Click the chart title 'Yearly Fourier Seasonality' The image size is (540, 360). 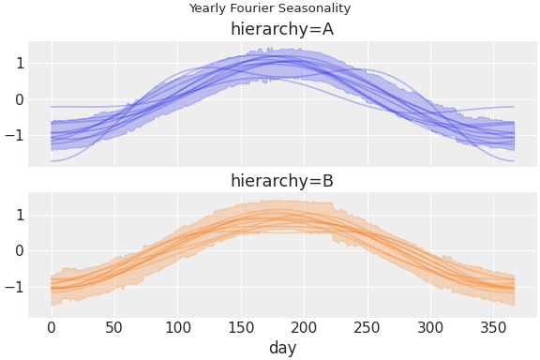point(270,8)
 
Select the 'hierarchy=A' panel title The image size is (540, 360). point(282,30)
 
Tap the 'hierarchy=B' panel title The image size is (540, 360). point(282,181)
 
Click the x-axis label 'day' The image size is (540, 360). point(282,348)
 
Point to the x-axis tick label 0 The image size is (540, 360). point(51,327)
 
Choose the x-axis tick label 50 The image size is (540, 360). point(114,327)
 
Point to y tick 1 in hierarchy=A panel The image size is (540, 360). point(19,64)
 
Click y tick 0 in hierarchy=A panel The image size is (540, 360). point(19,99)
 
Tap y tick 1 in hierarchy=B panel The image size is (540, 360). point(19,215)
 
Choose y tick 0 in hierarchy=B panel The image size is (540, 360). point(19,250)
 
